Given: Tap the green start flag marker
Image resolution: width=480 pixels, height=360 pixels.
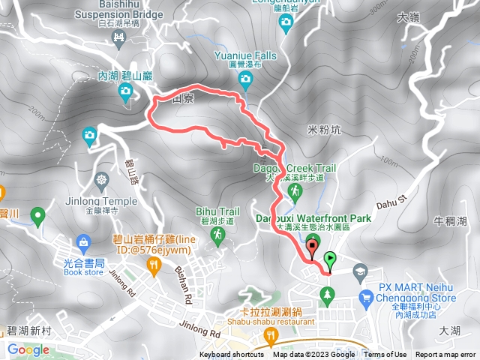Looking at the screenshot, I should tap(329, 261).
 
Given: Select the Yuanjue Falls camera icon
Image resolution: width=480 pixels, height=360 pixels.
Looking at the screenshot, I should tap(245, 79).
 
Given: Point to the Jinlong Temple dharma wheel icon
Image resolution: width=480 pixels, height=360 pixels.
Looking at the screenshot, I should tap(102, 181).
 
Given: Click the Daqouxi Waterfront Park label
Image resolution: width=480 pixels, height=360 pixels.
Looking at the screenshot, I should tap(313, 218).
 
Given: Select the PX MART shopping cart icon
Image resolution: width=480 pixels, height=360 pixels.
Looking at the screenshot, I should tap(366, 297).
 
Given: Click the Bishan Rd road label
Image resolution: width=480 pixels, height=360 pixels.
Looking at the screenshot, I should tap(184, 279).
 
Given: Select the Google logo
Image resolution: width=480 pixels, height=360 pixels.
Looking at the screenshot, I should tap(28, 349).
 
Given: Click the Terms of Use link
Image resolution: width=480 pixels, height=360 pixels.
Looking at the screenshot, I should tap(385, 355).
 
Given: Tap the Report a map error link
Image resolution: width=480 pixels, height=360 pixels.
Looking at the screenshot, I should tap(445, 355).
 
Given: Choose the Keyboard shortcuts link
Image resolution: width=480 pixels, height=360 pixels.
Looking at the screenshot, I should tap(232, 355).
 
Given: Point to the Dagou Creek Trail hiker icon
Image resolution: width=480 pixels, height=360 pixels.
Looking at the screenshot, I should tap(296, 193).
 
